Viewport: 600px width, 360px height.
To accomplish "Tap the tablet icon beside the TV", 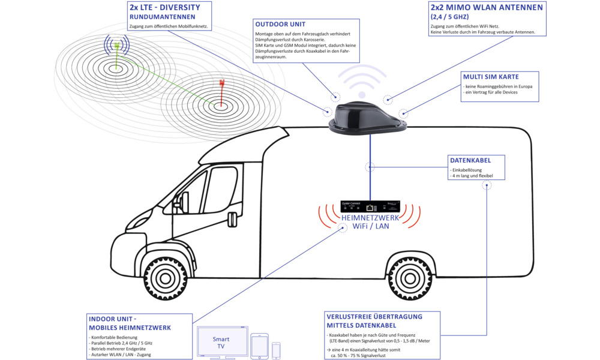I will coord(260,346).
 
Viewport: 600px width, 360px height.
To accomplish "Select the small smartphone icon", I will coord(277,350).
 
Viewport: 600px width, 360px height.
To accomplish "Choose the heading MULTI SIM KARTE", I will coord(491,77).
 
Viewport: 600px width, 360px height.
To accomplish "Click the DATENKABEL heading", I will coord(470,161).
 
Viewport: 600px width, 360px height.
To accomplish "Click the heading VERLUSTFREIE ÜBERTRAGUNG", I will coord(374,316).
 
